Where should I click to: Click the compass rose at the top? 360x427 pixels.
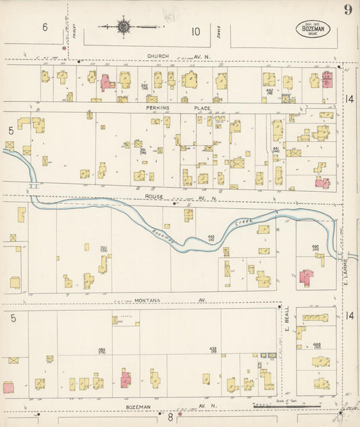pyautogui.click(x=124, y=27)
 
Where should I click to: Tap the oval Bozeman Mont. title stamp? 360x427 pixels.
pyautogui.click(x=312, y=28)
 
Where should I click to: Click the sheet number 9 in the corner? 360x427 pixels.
pyautogui.click(x=348, y=9)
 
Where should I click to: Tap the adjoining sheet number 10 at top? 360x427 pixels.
pyautogui.click(x=195, y=30)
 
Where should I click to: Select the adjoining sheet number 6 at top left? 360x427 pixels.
pyautogui.click(x=45, y=28)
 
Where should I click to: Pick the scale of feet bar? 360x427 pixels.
pyautogui.click(x=286, y=405)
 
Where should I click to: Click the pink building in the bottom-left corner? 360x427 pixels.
pyautogui.click(x=9, y=387)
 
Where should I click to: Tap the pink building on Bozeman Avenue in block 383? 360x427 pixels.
pyautogui.click(x=126, y=379)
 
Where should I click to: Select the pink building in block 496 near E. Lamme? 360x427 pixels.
pyautogui.click(x=306, y=278)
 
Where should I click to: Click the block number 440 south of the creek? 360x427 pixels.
pyautogui.click(x=211, y=237)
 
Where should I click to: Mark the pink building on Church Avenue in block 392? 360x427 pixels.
pyautogui.click(x=107, y=83)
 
